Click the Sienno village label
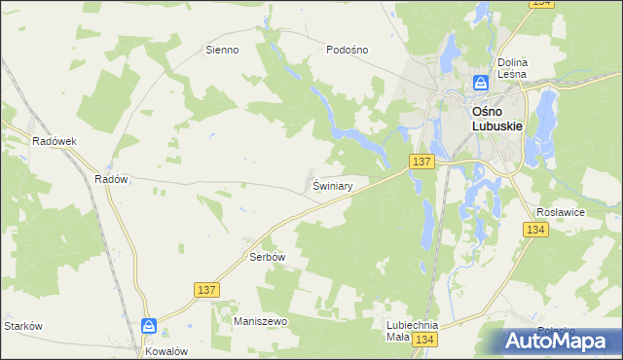pyautogui.click(x=221, y=50)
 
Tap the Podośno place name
pyautogui.click(x=347, y=50)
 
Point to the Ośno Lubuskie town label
pyautogui.click(x=498, y=118)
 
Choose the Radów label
pyautogui.click(x=111, y=179)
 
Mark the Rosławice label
pyautogui.click(x=560, y=211)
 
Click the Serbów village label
pyautogui.click(x=266, y=257)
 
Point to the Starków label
pyautogui.click(x=23, y=326)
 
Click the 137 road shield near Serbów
pyautogui.click(x=205, y=290)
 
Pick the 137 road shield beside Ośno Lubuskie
pyautogui.click(x=421, y=162)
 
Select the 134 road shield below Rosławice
pyautogui.click(x=534, y=230)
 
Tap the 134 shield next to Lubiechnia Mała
pyautogui.click(x=423, y=339)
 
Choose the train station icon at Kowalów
pyautogui.click(x=148, y=326)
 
